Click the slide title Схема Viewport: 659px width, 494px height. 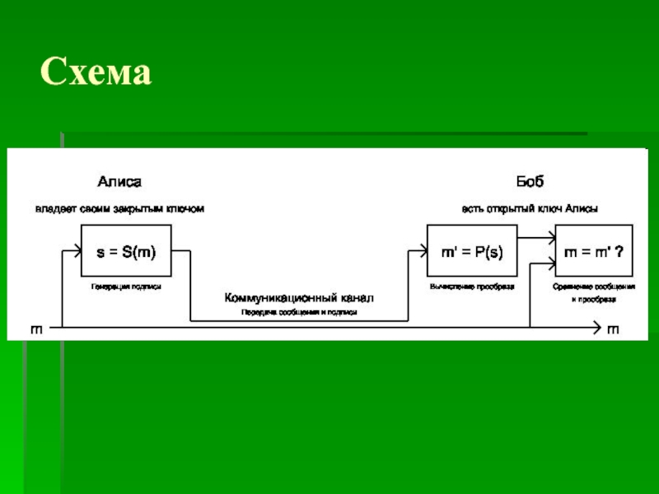pyautogui.click(x=96, y=73)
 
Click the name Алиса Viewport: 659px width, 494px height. pyautogui.click(x=120, y=181)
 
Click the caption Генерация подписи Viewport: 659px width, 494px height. pyautogui.click(x=126, y=287)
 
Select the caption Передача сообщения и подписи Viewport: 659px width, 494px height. pyautogui.click(x=299, y=313)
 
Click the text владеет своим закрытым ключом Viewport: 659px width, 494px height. pyautogui.click(x=119, y=209)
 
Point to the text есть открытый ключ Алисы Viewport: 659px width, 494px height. pyautogui.click(x=530, y=209)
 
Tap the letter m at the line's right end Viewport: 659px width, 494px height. pyautogui.click(x=613, y=329)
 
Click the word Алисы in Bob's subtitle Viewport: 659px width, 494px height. pyautogui.click(x=582, y=209)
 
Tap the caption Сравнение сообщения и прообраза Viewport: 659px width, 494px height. pyautogui.click(x=593, y=292)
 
